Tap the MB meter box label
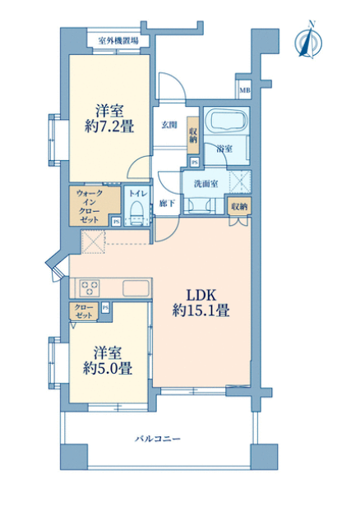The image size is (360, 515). (x=244, y=89)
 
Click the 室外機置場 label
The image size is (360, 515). (x=118, y=41)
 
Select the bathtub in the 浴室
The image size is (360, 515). (x=227, y=121)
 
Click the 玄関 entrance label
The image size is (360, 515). (x=169, y=125)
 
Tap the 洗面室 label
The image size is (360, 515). (x=205, y=184)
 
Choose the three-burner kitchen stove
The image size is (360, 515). (x=89, y=287)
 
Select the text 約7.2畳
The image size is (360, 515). (x=109, y=126)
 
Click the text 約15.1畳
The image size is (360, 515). (x=201, y=310)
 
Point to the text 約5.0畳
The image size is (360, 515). (x=108, y=369)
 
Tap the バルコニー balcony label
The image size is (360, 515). (x=158, y=439)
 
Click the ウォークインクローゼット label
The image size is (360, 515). (x=89, y=207)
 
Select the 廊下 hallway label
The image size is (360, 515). (x=167, y=204)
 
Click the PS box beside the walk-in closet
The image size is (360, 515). (x=116, y=222)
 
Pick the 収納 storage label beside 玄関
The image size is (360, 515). (x=193, y=135)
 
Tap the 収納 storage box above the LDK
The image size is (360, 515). (x=240, y=207)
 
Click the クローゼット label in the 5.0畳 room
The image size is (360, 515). (x=84, y=311)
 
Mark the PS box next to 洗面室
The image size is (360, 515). (x=195, y=163)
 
